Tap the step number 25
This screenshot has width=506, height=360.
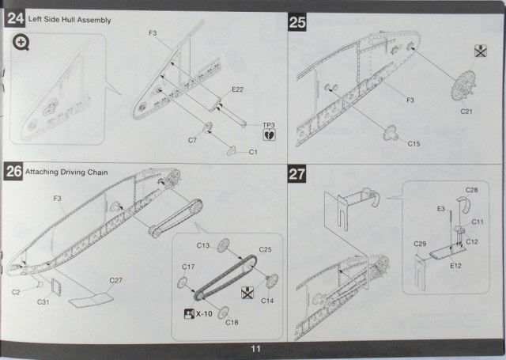pos(297,22)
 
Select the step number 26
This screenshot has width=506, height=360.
pos(14,170)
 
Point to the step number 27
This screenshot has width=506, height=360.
pos(297,174)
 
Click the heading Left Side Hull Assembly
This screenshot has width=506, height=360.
pos(68,18)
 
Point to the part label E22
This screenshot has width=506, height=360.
pos(236,90)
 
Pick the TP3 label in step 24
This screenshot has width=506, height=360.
pos(266,125)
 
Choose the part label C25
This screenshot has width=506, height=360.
pos(265,249)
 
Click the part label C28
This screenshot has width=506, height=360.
pos(471,191)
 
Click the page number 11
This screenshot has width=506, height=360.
pos(254,349)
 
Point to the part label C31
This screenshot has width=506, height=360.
pos(44,301)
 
